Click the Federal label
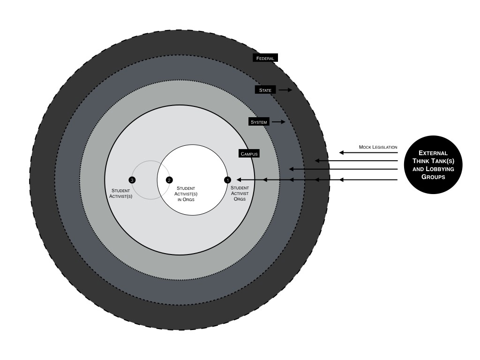coord(265,58)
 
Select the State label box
coord(265,90)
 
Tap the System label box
coord(259,122)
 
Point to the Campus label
coord(249,154)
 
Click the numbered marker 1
coord(228,180)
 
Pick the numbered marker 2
coord(169,180)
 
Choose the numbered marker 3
coord(132,180)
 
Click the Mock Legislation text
coord(378,147)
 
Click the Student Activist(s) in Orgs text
coord(186,194)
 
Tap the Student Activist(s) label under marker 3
coord(121,194)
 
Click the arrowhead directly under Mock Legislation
coord(342,152)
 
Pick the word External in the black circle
coord(433,153)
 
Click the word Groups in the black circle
coord(433,177)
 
